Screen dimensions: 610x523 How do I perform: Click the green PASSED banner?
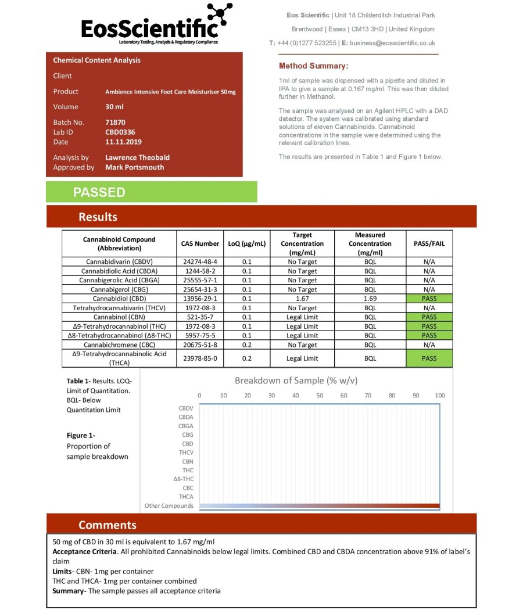click(x=151, y=192)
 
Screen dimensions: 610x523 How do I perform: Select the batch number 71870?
click(x=115, y=123)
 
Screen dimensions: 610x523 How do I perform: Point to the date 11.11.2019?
click(x=123, y=142)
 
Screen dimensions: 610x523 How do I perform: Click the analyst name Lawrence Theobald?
click(x=137, y=157)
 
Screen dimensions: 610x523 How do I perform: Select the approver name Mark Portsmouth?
click(x=134, y=167)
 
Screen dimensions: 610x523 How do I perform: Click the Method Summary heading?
click(x=313, y=66)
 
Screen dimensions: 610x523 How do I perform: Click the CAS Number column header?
click(x=199, y=244)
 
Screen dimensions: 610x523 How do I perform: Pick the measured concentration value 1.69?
click(x=370, y=299)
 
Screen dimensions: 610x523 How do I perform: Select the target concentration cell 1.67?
click(x=302, y=299)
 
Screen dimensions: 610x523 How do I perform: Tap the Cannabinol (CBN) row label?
click(x=119, y=317)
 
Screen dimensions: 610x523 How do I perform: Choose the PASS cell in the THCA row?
click(x=429, y=358)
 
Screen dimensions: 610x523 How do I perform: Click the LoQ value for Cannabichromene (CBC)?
click(x=247, y=345)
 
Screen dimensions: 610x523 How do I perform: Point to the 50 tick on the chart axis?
click(x=320, y=396)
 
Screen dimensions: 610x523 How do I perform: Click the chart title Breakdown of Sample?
click(x=296, y=381)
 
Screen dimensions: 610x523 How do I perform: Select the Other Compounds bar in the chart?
click(x=319, y=506)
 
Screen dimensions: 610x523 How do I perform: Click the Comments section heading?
click(x=108, y=525)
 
